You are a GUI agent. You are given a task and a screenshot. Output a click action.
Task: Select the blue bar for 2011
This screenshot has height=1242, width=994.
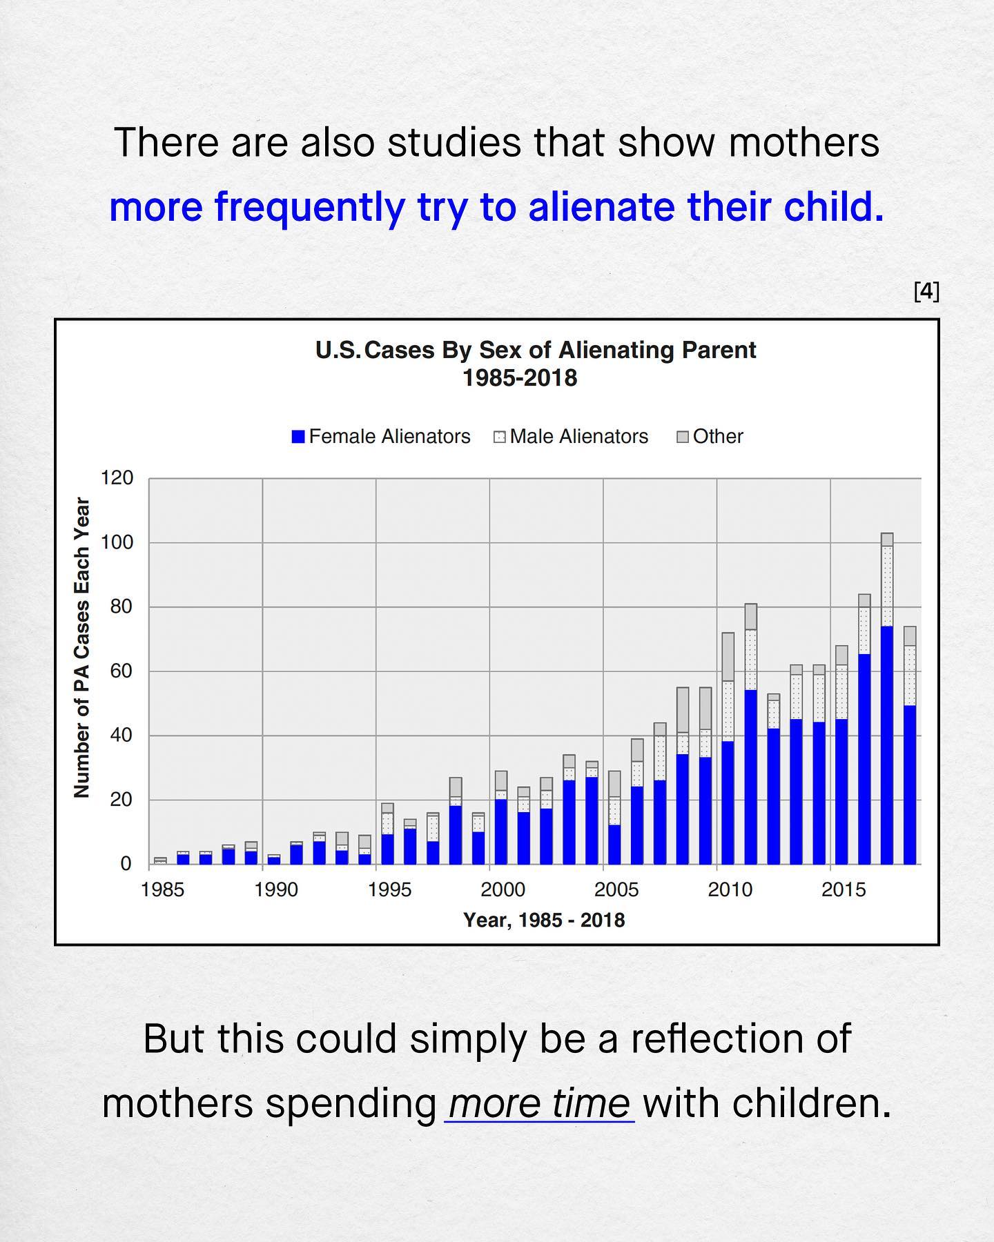pyautogui.click(x=751, y=776)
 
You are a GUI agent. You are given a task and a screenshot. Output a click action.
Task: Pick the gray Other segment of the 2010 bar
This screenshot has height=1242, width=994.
pyautogui.click(x=728, y=656)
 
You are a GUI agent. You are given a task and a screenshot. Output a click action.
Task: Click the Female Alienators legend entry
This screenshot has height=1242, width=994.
pyautogui.click(x=381, y=437)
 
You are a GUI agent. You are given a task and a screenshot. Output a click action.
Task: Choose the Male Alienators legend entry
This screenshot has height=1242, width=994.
pyautogui.click(x=571, y=437)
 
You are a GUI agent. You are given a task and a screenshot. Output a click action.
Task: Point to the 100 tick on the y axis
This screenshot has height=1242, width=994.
pyautogui.click(x=117, y=542)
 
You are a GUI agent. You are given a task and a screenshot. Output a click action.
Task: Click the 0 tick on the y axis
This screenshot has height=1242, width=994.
pyautogui.click(x=125, y=864)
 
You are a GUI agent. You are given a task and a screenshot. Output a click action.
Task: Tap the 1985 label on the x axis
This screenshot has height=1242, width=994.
pyautogui.click(x=162, y=890)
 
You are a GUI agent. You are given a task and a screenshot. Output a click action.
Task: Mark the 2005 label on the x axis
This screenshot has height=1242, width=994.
pyautogui.click(x=616, y=890)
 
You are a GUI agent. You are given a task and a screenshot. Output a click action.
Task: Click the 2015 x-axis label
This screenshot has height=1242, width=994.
pyautogui.click(x=844, y=890)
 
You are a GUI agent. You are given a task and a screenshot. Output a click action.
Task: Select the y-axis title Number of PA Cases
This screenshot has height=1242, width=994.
pyautogui.click(x=82, y=647)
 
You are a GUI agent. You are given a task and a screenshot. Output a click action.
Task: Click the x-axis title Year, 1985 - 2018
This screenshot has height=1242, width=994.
pyautogui.click(x=544, y=920)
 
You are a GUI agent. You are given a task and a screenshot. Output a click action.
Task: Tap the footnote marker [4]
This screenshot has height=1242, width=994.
pyautogui.click(x=926, y=292)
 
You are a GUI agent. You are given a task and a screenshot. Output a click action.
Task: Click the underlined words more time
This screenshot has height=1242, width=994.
pyautogui.click(x=539, y=1103)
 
